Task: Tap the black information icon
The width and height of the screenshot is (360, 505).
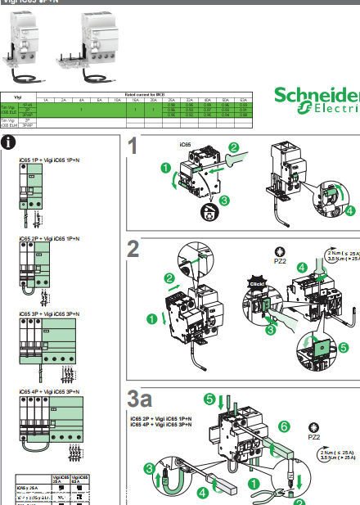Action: pyautogui.click(x=9, y=143)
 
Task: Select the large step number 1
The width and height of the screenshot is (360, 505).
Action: pyautogui.click(x=134, y=147)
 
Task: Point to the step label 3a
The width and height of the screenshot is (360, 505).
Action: pyautogui.click(x=141, y=399)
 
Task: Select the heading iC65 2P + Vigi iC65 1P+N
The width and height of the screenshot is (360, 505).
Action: pyautogui.click(x=48, y=237)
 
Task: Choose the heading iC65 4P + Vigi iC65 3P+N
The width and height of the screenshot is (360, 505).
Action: pyautogui.click(x=48, y=392)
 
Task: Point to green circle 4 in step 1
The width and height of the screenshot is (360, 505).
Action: pyautogui.click(x=350, y=210)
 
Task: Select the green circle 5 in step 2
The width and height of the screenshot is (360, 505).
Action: pyautogui.click(x=343, y=347)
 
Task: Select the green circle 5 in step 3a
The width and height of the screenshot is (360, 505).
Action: pyautogui.click(x=209, y=399)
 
